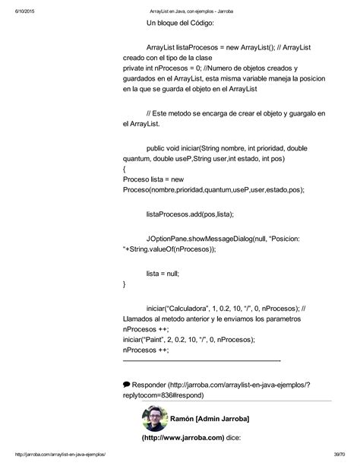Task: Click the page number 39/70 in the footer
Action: pos(341,454)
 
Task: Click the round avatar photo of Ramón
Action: pos(155,419)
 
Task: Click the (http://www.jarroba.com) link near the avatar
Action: pos(182,437)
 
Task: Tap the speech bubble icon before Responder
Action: pos(126,384)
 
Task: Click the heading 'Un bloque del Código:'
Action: pos(181,24)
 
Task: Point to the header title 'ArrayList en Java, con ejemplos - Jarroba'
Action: pos(181,6)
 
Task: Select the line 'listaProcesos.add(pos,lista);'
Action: pos(190,214)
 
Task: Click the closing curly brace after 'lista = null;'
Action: pos(124,284)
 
